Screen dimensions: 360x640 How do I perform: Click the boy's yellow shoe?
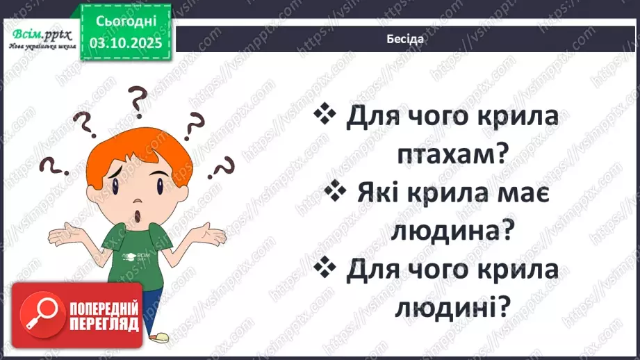coord(161,338)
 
